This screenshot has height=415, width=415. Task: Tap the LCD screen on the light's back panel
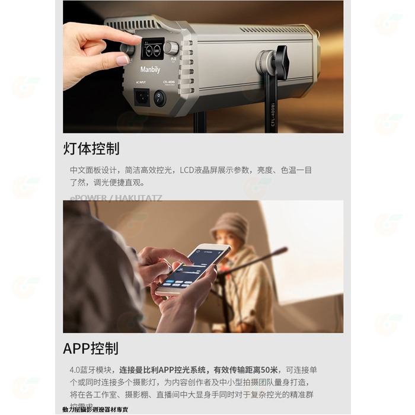152,49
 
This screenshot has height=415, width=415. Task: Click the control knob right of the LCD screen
171,48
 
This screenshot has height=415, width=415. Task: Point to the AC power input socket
142,97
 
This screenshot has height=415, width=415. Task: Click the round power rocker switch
159,98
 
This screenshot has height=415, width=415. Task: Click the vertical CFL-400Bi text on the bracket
273,113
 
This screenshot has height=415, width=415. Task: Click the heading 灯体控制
91,148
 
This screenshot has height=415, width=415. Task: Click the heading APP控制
91,348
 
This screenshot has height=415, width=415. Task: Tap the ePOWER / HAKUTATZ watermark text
116,198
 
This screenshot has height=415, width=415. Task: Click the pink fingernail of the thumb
123,60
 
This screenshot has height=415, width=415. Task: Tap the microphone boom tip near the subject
283,250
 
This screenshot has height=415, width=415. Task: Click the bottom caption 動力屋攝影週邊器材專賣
95,410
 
